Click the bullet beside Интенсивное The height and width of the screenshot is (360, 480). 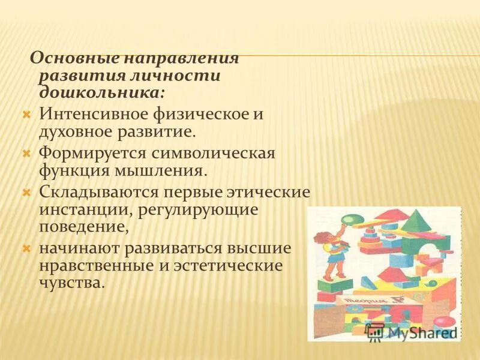pyautogui.click(x=26, y=113)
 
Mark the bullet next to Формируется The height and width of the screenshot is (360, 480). pyautogui.click(x=26, y=153)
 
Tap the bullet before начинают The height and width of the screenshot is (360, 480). pyautogui.click(x=26, y=248)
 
